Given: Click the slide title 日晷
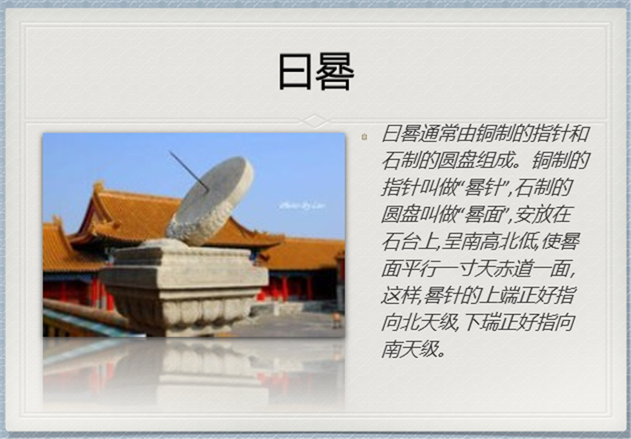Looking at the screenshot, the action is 316,72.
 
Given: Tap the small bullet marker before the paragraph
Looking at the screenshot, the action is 364,137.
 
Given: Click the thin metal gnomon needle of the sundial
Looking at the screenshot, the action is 189,171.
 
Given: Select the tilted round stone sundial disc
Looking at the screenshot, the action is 210,201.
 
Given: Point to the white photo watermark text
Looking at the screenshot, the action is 302,206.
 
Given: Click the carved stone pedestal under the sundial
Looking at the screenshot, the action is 183,287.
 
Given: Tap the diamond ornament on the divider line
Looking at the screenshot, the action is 315,120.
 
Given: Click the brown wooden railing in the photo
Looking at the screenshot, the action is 85,311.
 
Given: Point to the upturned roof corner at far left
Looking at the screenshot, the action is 56,221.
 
